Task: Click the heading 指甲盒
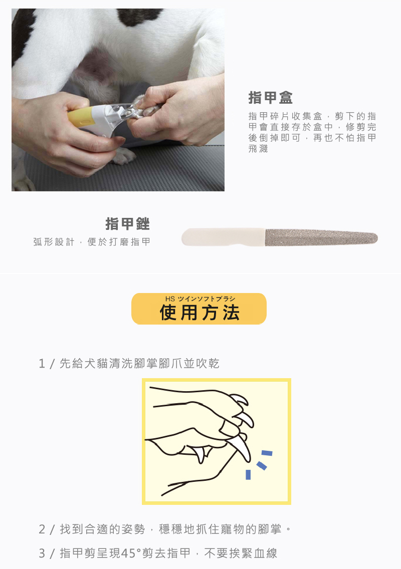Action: (x=270, y=98)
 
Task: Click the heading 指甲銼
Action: (x=127, y=224)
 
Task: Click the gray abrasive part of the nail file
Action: (x=321, y=237)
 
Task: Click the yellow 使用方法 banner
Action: (x=198, y=309)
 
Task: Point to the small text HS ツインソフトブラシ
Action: (x=200, y=299)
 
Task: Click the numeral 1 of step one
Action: (x=42, y=364)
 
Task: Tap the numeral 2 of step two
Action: (x=42, y=529)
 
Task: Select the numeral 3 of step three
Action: (x=42, y=553)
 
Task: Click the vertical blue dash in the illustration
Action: (x=248, y=474)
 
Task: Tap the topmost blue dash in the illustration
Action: (x=267, y=453)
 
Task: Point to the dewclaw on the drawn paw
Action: (x=200, y=454)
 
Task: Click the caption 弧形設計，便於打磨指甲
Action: (x=92, y=242)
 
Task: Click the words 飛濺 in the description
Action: (x=258, y=149)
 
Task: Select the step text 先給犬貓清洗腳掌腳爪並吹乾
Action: (x=139, y=364)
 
